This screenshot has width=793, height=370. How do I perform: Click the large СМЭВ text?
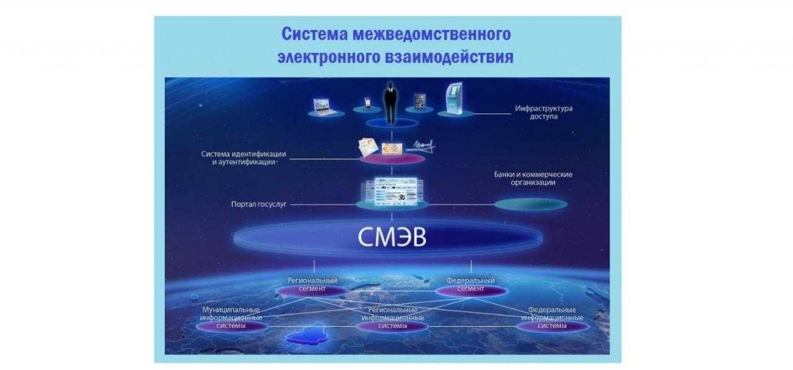pos(392,237)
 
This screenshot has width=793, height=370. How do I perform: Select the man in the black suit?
pos(390,103)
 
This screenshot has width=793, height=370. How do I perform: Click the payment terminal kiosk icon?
pos(454,99)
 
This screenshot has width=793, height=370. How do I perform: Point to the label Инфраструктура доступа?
pos(543,112)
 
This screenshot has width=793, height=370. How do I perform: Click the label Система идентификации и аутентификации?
pos(243,158)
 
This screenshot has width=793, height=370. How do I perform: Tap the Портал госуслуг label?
pos(258,205)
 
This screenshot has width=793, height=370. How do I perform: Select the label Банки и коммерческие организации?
pos(533,178)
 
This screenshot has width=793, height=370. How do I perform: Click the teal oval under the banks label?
pos(531,205)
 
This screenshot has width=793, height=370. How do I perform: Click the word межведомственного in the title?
pos(432,34)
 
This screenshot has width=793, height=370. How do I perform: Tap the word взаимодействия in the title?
pos(449,57)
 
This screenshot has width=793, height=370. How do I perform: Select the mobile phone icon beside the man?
pos(367,103)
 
